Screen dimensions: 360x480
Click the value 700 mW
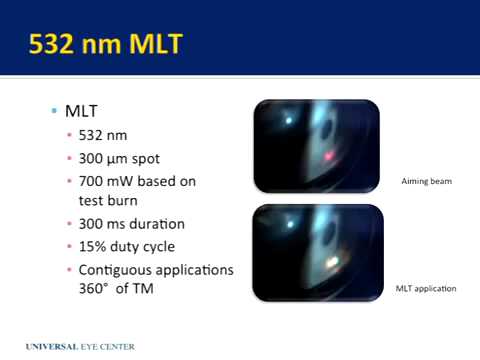(104, 181)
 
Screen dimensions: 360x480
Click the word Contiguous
(113, 270)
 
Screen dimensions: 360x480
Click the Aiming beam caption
(422, 182)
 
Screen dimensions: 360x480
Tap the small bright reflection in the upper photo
(289, 121)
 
